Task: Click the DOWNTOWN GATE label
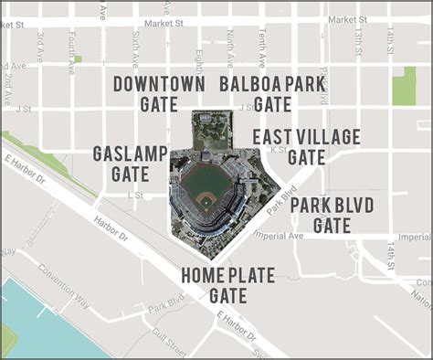[159, 94]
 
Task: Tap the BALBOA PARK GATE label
[272, 94]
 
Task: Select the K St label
[279, 150]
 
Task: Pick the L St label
[136, 195]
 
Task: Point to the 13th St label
[359, 42]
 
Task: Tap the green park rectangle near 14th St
[403, 85]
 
